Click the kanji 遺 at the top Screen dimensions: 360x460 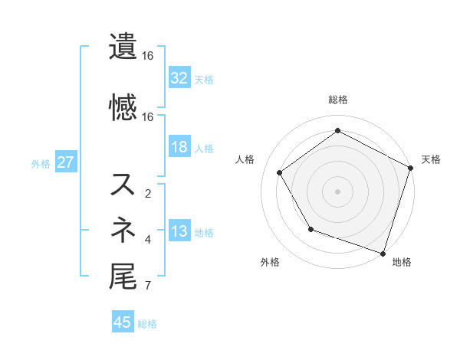(x=123, y=47)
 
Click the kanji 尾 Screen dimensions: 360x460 (x=123, y=277)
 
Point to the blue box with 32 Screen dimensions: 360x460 (x=179, y=77)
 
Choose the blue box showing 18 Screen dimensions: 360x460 (x=179, y=147)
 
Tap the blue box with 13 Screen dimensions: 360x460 (x=179, y=231)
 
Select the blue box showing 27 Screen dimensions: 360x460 (x=65, y=162)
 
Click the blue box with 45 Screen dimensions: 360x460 (x=123, y=322)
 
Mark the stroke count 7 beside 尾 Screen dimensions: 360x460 (x=148, y=287)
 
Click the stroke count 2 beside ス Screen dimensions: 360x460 (x=148, y=194)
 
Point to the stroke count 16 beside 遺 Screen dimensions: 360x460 (x=148, y=56)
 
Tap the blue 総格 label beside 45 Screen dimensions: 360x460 (x=147, y=324)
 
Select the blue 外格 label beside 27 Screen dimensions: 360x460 (x=41, y=163)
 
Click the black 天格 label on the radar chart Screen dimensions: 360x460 (x=431, y=159)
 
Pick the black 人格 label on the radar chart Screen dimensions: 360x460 (x=245, y=159)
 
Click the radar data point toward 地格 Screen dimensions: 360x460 (x=383, y=252)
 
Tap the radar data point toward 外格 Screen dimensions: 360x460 (x=310, y=228)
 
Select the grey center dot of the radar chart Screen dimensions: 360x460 (x=337, y=191)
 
